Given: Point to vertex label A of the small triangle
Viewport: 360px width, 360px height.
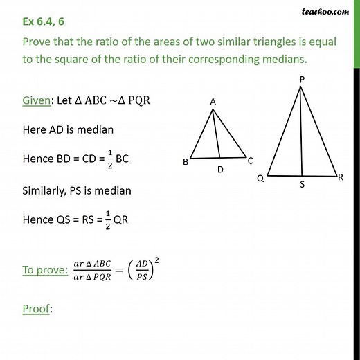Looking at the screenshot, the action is click(x=213, y=101).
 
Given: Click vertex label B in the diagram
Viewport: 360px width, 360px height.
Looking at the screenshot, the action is click(x=186, y=162).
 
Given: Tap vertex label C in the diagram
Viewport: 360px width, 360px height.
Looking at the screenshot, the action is click(x=250, y=161).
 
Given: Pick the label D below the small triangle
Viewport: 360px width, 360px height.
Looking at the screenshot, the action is click(x=219, y=168).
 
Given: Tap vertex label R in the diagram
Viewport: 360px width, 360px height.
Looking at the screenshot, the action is click(x=340, y=178).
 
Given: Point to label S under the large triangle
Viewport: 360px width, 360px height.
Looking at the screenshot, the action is click(x=302, y=185).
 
